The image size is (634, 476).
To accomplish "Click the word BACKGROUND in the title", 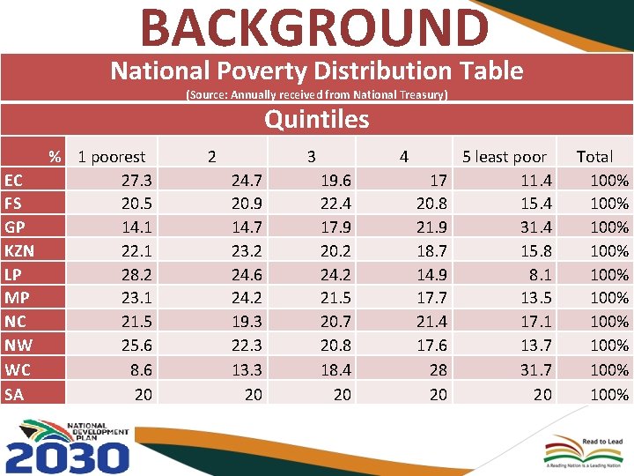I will point(313,26).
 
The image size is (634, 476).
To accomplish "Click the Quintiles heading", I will point(316,118).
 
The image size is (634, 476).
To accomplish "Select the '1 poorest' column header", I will point(111,157).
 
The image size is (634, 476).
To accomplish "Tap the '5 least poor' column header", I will point(505,157).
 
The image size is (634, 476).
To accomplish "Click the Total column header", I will point(594,157).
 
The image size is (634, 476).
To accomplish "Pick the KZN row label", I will point(19,251).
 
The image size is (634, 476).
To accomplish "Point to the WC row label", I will point(17,370).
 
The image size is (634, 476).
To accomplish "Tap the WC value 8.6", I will point(141,370).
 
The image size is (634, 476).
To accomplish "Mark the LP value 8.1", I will point(542,275).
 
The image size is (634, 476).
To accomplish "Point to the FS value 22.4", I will point(335,204).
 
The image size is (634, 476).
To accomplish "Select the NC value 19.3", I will point(247,323).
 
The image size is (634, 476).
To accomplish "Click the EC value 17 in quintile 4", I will point(438,181).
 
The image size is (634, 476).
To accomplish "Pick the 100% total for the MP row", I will point(609,299).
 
